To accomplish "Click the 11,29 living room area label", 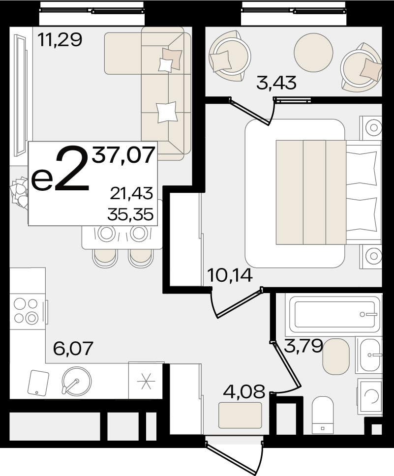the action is (60, 40).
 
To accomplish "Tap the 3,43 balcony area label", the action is (276, 83).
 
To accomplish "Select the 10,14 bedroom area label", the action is (230, 276).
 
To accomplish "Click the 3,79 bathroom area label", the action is (303, 346).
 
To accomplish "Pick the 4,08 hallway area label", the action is (244, 391).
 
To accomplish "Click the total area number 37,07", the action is (123, 155).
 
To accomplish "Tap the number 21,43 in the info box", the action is (131, 193).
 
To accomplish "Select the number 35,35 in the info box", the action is (130, 214).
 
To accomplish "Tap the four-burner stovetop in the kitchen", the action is (26, 310).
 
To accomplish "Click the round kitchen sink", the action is (76, 381).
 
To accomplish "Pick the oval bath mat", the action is (336, 357).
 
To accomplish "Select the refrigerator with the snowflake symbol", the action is (146, 381).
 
